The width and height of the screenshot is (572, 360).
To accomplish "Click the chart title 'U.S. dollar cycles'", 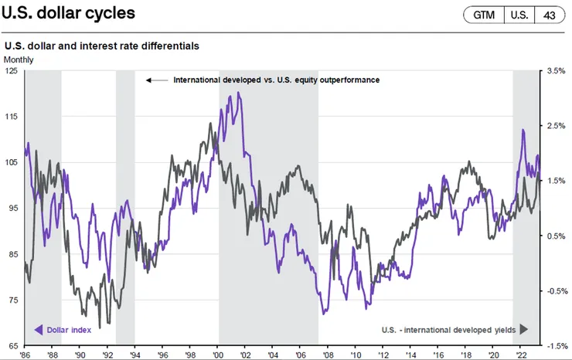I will coord(68,15).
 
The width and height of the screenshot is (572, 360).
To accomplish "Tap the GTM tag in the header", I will coord(484,15).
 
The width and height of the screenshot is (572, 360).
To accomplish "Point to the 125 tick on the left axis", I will coord(12,70).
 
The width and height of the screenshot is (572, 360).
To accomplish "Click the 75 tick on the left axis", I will coord(12,300).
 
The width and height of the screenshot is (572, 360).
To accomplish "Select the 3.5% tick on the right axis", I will coord(557,70).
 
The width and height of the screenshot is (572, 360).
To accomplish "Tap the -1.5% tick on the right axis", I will coord(557,346).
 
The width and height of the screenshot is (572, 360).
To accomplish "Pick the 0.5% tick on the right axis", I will coord(557,236).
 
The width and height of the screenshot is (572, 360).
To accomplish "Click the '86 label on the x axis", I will coord(26,353).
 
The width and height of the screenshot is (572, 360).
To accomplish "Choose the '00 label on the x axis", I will coord(217,353).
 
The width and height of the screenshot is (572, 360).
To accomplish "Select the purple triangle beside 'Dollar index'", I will coord(38,330).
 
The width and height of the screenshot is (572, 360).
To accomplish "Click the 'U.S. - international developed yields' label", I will coord(449,330).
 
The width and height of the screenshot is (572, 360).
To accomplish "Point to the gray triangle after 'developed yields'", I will coord(523,330).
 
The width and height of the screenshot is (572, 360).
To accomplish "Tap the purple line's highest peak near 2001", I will coord(239,93).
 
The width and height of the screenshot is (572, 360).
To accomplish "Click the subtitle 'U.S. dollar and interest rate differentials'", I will coord(102,46).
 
